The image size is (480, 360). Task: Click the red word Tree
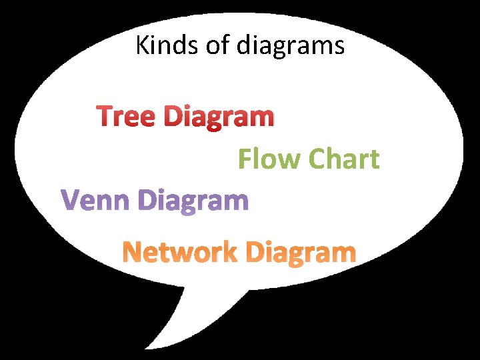tap(127, 117)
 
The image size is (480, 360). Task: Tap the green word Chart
tap(345, 159)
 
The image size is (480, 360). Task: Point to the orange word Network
tap(179, 253)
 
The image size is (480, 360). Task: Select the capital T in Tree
tap(106, 117)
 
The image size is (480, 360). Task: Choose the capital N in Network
tap(133, 253)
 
